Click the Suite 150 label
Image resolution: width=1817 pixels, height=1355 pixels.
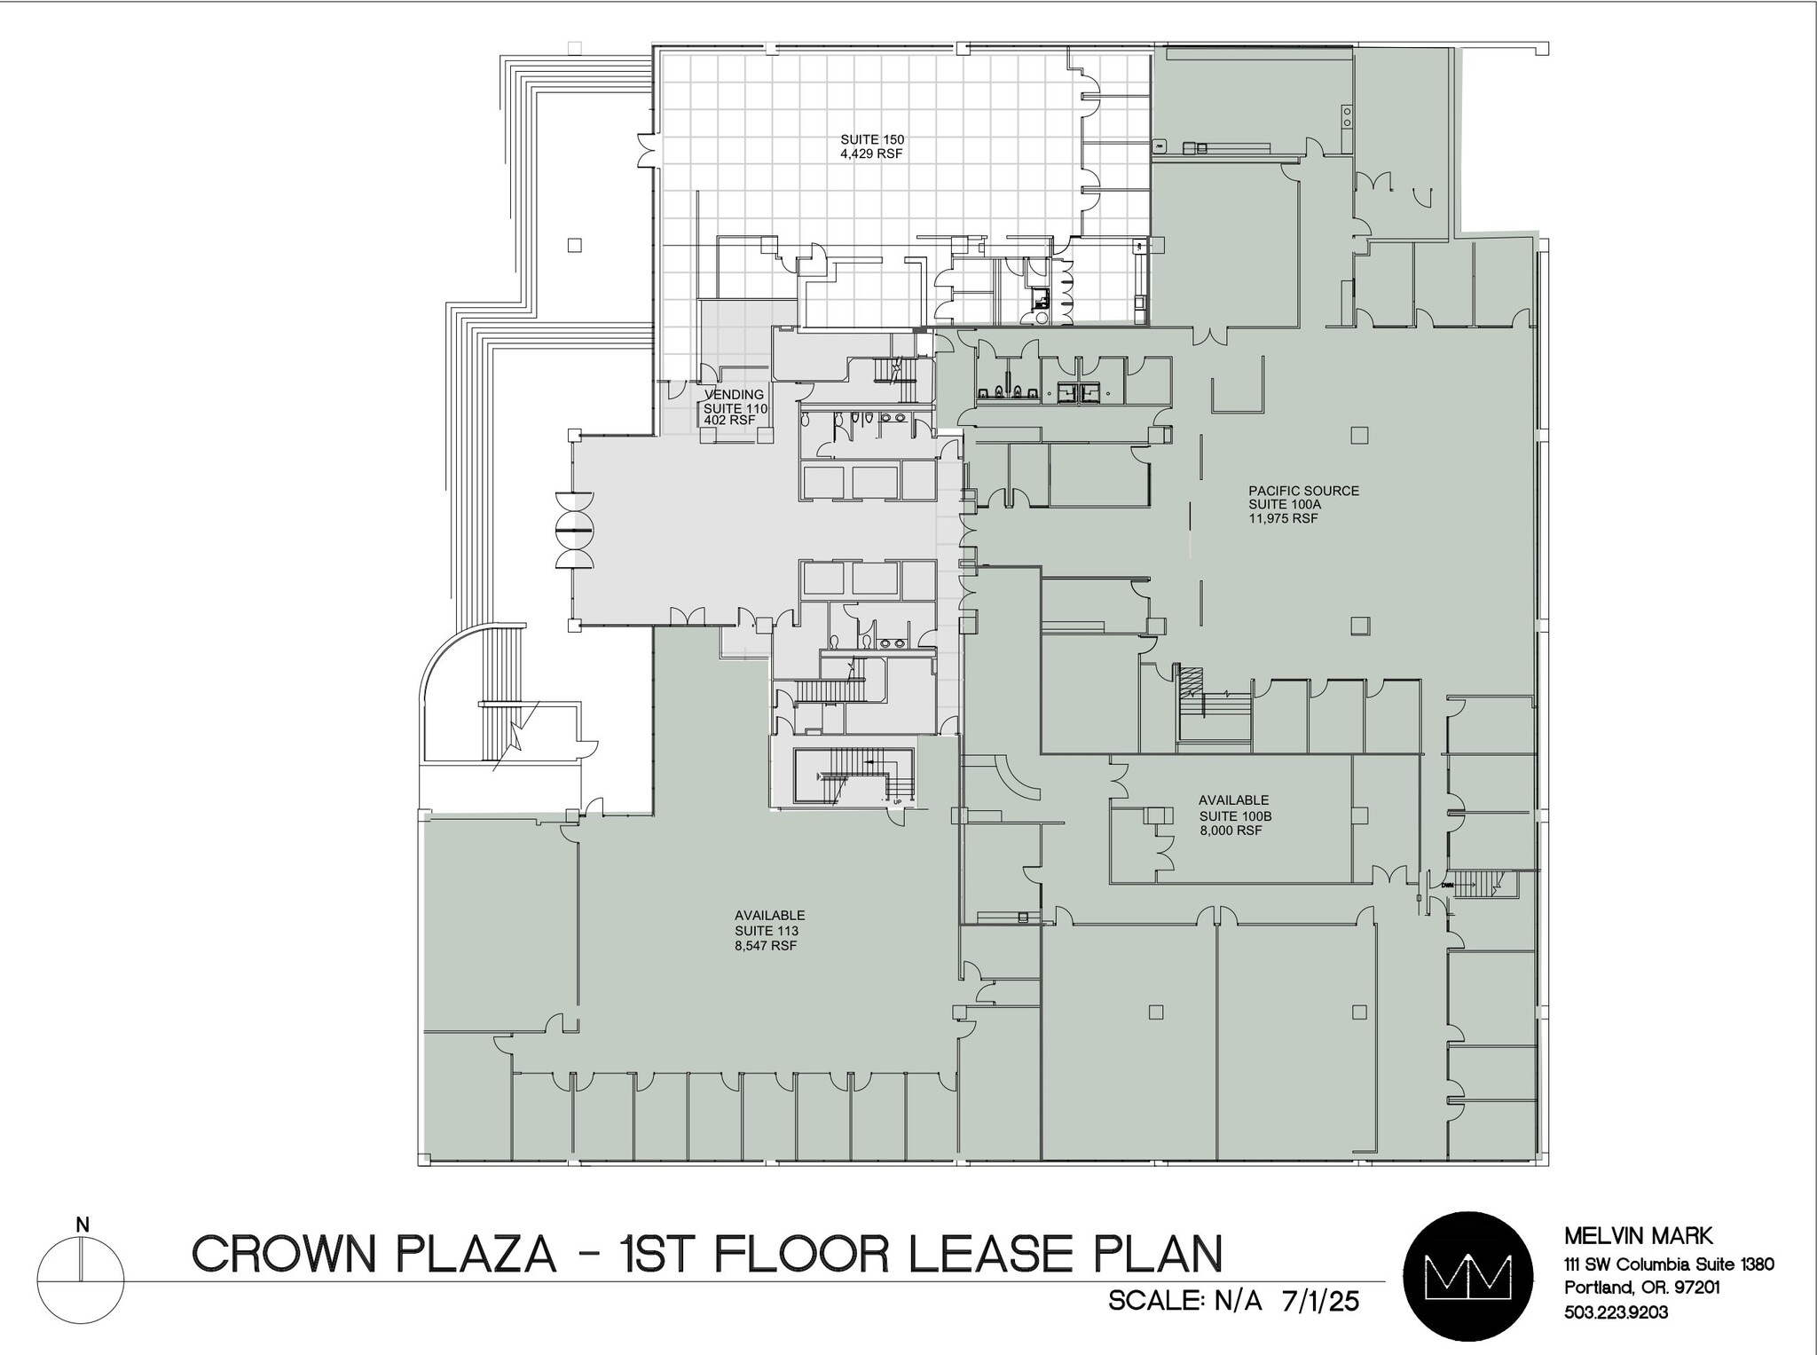[x=872, y=139]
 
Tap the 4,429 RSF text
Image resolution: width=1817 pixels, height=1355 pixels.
[x=872, y=154]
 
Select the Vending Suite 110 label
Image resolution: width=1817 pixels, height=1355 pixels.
[x=735, y=407]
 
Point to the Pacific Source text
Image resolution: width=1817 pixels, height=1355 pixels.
[x=1303, y=491]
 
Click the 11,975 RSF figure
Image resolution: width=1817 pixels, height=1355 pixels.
[x=1283, y=518]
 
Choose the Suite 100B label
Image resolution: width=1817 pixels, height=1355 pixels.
[x=1235, y=815]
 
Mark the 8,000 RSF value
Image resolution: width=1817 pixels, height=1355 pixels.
[x=1231, y=831]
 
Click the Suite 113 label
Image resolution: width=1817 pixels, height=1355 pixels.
[x=766, y=931]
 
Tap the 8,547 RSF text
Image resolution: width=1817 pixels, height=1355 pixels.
[x=766, y=946]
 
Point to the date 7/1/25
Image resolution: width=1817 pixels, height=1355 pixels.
[x=1320, y=1302]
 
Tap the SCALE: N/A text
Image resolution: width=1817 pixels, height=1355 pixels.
[x=1184, y=1302]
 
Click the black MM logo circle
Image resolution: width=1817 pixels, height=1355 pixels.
[x=1467, y=1274]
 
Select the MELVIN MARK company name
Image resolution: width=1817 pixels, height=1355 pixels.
[x=1638, y=1235]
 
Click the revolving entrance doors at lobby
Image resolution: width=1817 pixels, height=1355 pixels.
[x=574, y=530]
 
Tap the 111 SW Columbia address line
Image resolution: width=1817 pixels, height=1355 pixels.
[x=1668, y=1264]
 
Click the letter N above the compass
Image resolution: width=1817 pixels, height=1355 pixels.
[x=83, y=1225]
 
